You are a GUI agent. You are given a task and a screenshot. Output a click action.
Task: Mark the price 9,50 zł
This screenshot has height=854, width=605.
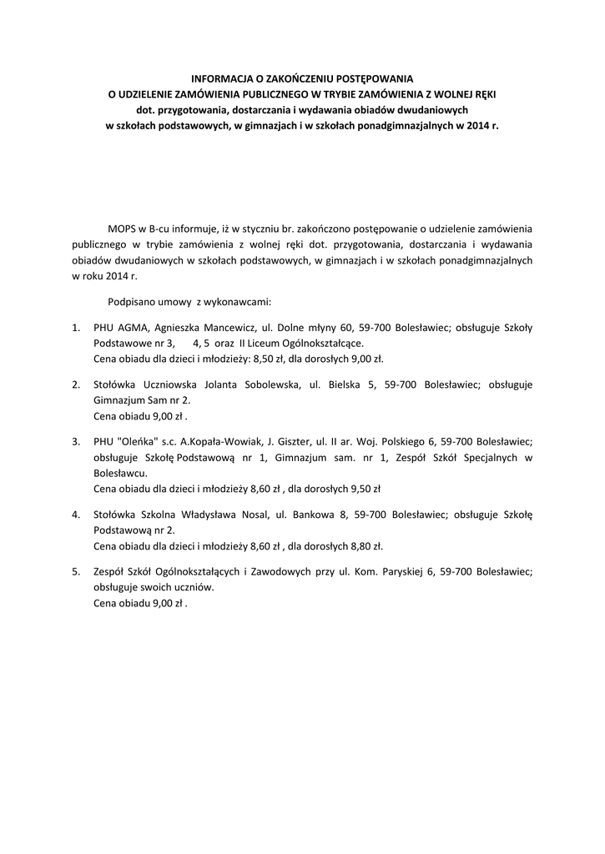361,489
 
